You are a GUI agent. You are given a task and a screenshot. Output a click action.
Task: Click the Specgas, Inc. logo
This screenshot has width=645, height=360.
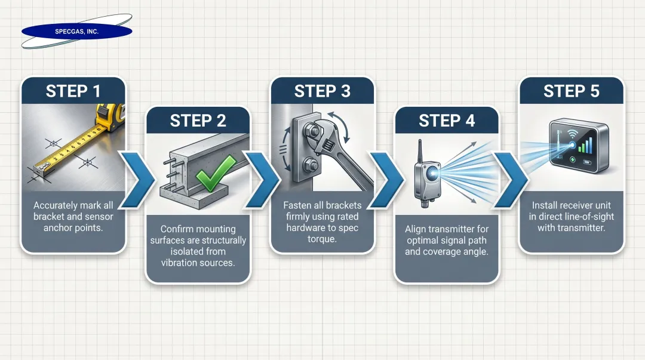[x=76, y=31]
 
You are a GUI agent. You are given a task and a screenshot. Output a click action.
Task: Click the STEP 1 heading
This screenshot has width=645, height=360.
[x=73, y=91]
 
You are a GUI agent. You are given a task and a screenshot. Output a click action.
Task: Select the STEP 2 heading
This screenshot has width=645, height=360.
[x=198, y=121]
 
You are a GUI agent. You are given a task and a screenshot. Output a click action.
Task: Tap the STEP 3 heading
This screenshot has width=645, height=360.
[x=322, y=91]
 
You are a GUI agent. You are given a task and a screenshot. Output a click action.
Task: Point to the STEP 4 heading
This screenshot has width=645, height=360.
[x=446, y=121]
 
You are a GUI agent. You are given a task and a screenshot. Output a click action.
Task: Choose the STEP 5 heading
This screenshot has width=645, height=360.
[x=571, y=91]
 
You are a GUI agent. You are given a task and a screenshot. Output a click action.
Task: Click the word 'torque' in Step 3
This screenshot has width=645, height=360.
[x=322, y=239]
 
